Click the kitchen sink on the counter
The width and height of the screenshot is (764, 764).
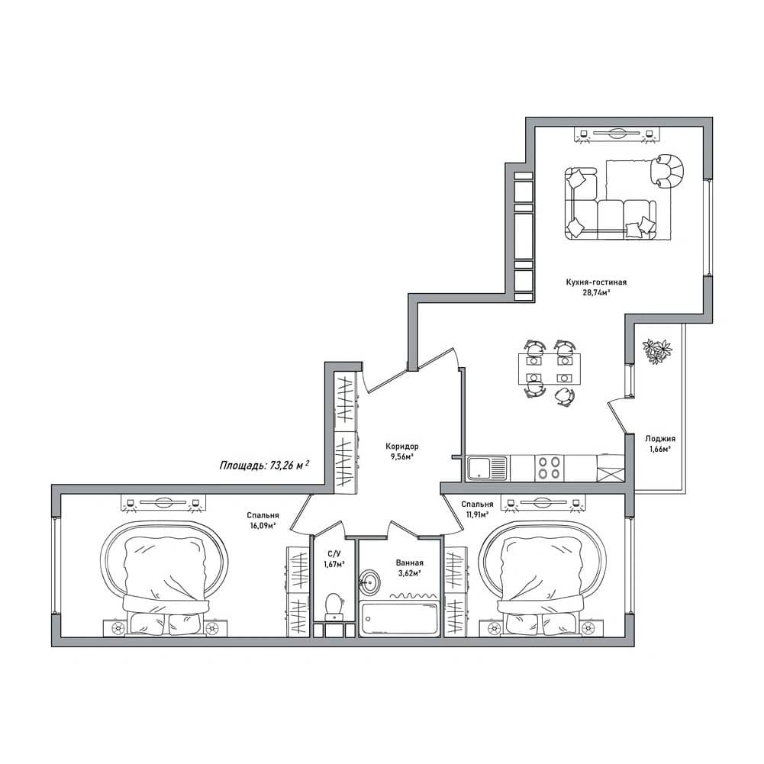tap(487, 468)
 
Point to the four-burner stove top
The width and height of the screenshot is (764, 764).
tap(548, 468)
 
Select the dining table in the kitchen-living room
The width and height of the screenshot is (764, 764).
tap(550, 369)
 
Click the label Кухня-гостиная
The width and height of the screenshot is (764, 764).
tap(596, 282)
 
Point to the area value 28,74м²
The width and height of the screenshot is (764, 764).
tap(596, 293)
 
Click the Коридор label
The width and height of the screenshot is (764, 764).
tap(402, 446)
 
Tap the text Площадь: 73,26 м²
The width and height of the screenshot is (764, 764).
tap(265, 465)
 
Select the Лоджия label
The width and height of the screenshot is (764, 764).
tap(660, 439)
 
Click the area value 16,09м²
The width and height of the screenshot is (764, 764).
tap(262, 526)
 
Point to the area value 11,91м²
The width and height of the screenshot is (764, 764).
tap(475, 514)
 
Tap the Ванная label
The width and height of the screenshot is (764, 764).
tap(410, 563)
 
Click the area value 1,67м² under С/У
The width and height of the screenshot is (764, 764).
tap(334, 564)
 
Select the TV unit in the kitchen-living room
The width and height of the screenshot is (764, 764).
tap(616, 134)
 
